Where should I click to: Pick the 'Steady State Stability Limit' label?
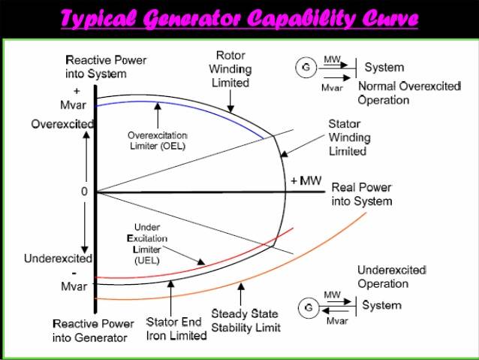point(246,320)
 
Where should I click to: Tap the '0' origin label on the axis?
point(84,191)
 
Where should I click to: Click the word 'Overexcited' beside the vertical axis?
point(62,123)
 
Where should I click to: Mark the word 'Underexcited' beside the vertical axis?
point(58,259)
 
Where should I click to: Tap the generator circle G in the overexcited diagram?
point(306,67)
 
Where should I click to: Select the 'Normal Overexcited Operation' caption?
point(408,92)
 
